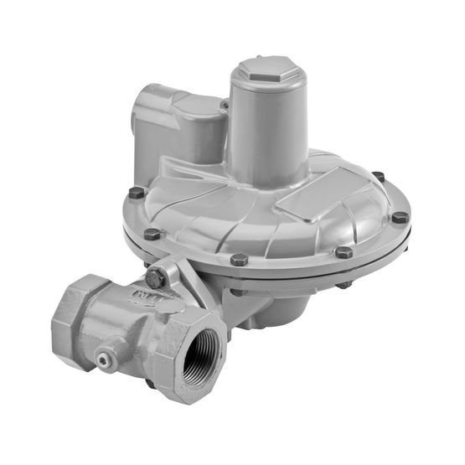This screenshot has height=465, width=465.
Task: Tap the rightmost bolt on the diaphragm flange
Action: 400,217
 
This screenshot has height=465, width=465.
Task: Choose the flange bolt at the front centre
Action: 239,260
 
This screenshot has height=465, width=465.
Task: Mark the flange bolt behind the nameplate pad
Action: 378,177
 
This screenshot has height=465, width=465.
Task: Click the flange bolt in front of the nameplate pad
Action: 344,251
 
